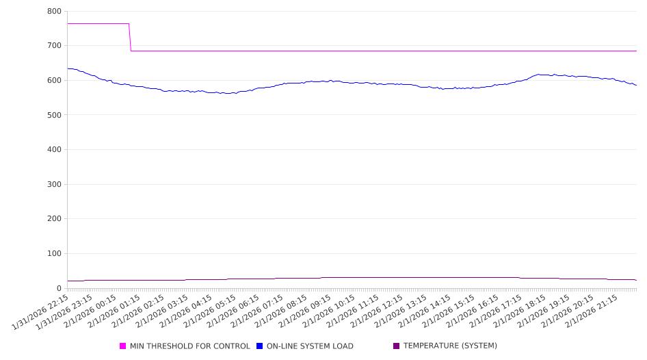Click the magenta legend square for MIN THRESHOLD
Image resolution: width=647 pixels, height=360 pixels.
(123, 346)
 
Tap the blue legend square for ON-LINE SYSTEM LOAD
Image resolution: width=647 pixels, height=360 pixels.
(260, 346)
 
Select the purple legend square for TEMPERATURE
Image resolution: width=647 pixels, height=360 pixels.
(397, 346)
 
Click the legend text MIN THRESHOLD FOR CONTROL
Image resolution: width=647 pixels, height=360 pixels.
(189, 346)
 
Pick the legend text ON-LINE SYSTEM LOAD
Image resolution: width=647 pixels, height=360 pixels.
(310, 346)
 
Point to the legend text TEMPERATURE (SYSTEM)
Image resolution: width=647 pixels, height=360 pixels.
(450, 346)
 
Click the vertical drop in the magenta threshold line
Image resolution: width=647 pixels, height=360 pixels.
(130, 37)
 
